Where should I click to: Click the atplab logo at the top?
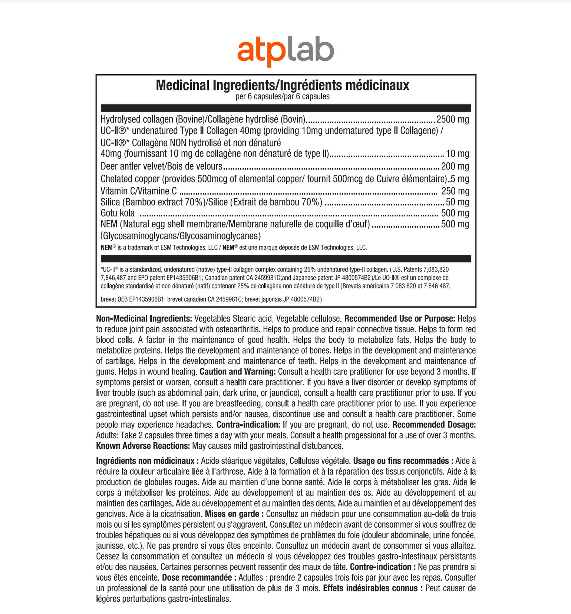[x=285, y=51]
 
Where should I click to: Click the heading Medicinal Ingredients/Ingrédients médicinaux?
[x=282, y=85]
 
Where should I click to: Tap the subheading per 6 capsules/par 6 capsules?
[x=282, y=96]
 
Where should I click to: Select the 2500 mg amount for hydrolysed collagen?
[x=452, y=119]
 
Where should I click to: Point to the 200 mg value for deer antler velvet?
[x=455, y=166]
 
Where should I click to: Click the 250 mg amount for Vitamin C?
[x=455, y=191]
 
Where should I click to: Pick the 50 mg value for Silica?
[x=457, y=202]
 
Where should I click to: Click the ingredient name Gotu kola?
[x=118, y=213]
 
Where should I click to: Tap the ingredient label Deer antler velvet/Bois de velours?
[x=161, y=166]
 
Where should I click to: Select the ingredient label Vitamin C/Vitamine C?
[x=139, y=191]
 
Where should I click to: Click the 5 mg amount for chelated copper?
[x=460, y=179]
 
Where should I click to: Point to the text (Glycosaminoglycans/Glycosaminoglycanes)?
[x=181, y=236]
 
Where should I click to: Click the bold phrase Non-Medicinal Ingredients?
[x=144, y=318]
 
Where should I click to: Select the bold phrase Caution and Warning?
[x=238, y=372]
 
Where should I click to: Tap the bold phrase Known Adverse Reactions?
[x=143, y=446]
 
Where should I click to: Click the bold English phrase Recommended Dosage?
[x=434, y=425]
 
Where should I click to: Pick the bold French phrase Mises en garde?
[x=232, y=514]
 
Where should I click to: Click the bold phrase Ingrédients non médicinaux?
[x=145, y=461]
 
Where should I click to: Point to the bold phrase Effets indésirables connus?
[x=370, y=588]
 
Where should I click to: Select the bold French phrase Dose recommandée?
[x=197, y=577]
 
